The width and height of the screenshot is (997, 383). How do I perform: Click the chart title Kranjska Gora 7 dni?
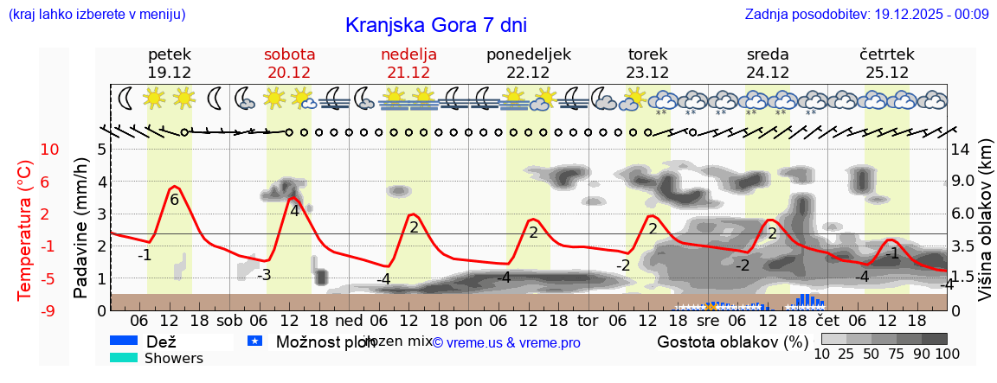435,25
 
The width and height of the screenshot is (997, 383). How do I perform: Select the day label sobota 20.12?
289,63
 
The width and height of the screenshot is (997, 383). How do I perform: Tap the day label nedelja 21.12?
408,63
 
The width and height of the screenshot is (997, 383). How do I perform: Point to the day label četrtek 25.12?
887,63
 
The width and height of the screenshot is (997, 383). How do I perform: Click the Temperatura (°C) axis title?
26,230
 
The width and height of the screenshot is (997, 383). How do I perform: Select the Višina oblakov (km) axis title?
986,229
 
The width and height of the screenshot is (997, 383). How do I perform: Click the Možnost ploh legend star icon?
254,341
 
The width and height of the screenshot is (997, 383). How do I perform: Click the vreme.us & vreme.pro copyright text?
506,342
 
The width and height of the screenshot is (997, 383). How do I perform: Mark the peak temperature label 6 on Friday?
174,200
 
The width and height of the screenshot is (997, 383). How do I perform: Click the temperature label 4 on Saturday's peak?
294,210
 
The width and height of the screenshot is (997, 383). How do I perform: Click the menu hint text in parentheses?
97,14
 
